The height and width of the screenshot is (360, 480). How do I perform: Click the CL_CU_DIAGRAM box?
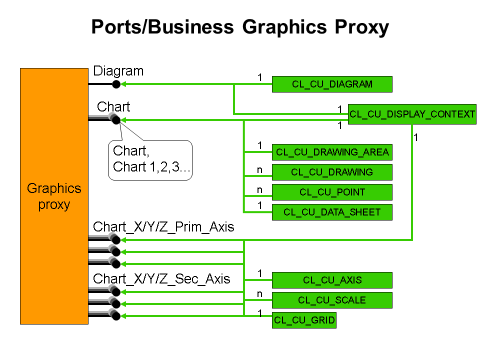[x=332, y=84]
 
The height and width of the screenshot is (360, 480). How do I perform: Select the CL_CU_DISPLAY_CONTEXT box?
[x=412, y=114]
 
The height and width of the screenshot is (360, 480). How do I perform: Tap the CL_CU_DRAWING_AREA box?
[x=332, y=152]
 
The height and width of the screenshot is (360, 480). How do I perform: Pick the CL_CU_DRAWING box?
[x=332, y=172]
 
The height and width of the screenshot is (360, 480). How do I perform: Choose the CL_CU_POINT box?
[x=332, y=192]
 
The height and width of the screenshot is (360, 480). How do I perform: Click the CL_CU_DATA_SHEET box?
[x=332, y=212]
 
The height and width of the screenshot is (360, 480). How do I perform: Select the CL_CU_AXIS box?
[x=332, y=280]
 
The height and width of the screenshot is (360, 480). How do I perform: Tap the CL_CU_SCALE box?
[x=332, y=300]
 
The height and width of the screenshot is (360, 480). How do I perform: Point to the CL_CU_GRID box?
[x=304, y=320]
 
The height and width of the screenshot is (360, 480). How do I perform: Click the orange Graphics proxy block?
[x=54, y=196]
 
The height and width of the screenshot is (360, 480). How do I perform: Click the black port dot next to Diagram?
[x=116, y=84]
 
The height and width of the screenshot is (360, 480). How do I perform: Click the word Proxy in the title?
[x=357, y=27]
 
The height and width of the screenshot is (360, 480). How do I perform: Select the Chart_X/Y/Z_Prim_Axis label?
[x=163, y=226]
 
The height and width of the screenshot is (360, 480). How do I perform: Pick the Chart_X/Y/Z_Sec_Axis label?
[x=161, y=278]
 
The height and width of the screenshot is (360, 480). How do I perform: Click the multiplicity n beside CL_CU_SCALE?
[x=259, y=294]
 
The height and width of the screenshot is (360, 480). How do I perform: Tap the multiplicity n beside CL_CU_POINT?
[x=259, y=189]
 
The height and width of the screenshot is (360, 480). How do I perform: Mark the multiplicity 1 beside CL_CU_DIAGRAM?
[x=259, y=77]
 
